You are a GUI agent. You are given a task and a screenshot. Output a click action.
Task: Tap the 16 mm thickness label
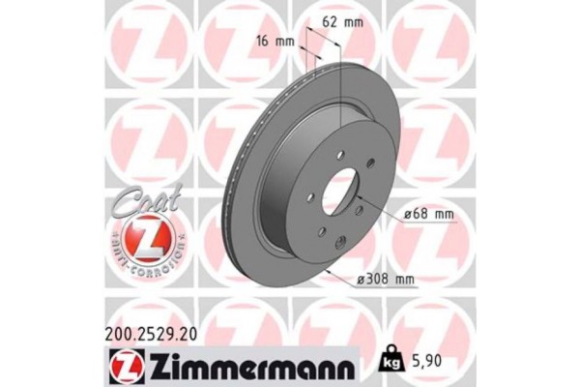[x=275, y=41]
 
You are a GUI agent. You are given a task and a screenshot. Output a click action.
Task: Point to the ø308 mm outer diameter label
[x=384, y=281]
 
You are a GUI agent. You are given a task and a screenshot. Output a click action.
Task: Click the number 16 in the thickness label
[x=264, y=41]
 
